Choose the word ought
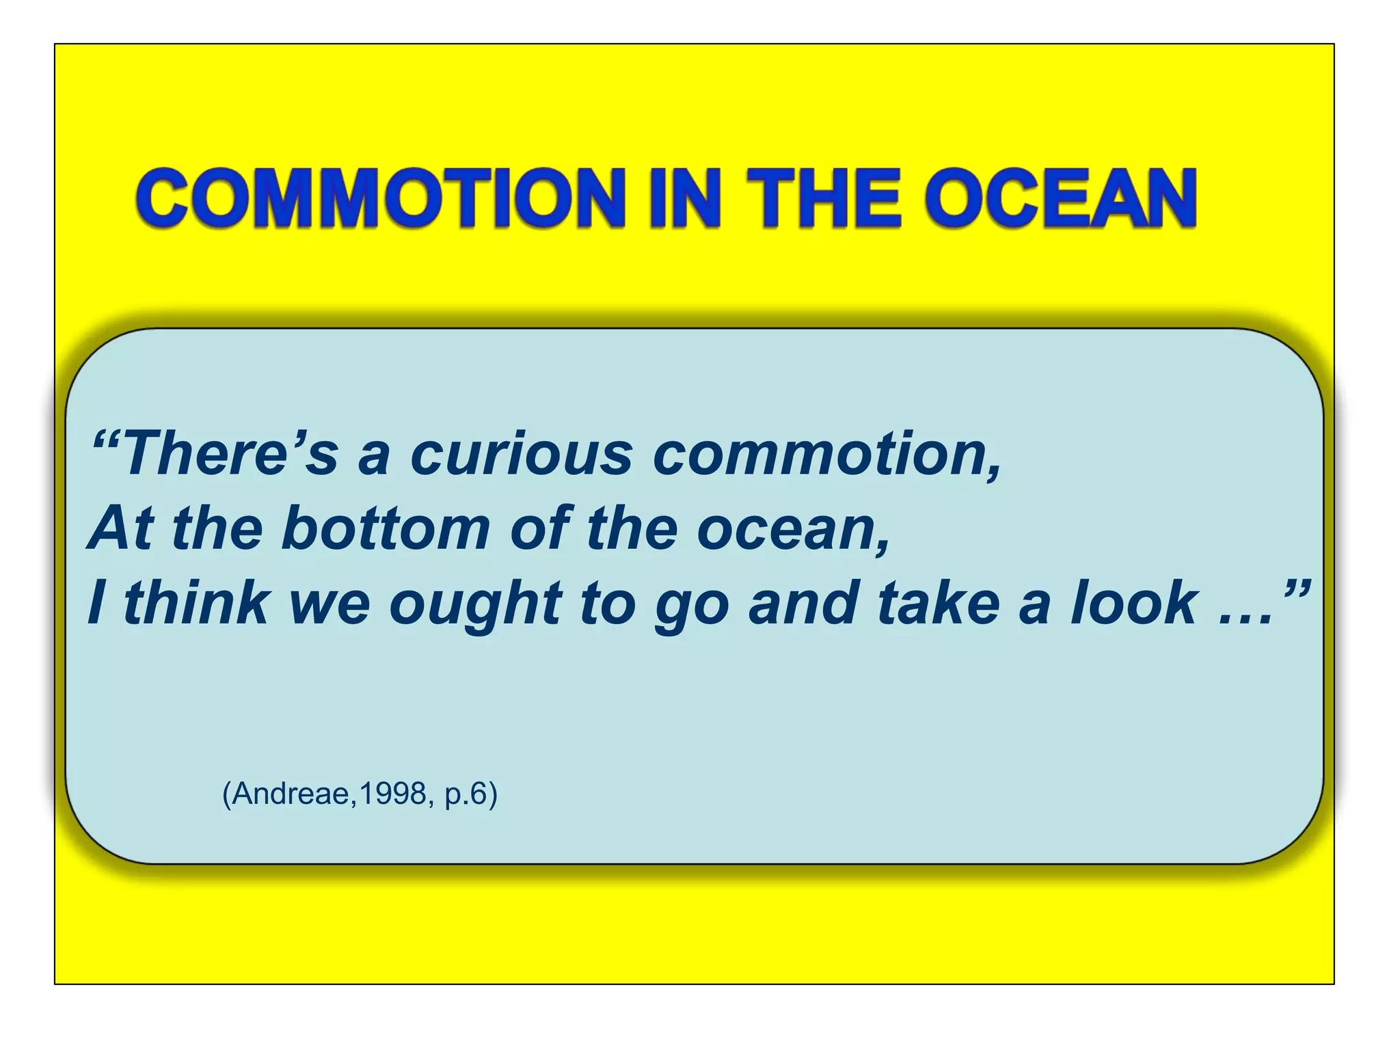pyautogui.click(x=476, y=604)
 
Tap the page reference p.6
pyautogui.click(x=466, y=794)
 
